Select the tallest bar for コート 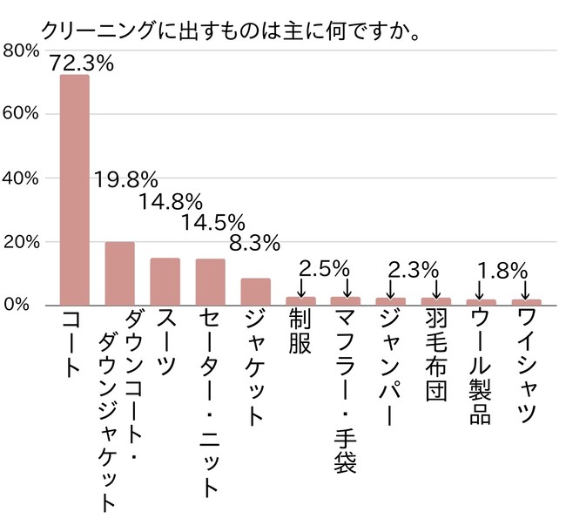[x=74, y=190]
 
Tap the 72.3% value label [x=83, y=63]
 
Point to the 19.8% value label [x=127, y=180]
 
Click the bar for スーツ [x=165, y=281]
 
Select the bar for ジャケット [x=255, y=292]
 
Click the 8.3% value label [x=254, y=241]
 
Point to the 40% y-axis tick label [x=21, y=178]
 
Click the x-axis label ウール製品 [x=480, y=367]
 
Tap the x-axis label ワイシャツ [x=525, y=367]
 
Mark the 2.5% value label [x=324, y=267]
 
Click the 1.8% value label [x=502, y=270]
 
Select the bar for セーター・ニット [x=210, y=282]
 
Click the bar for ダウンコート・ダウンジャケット [x=119, y=273]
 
